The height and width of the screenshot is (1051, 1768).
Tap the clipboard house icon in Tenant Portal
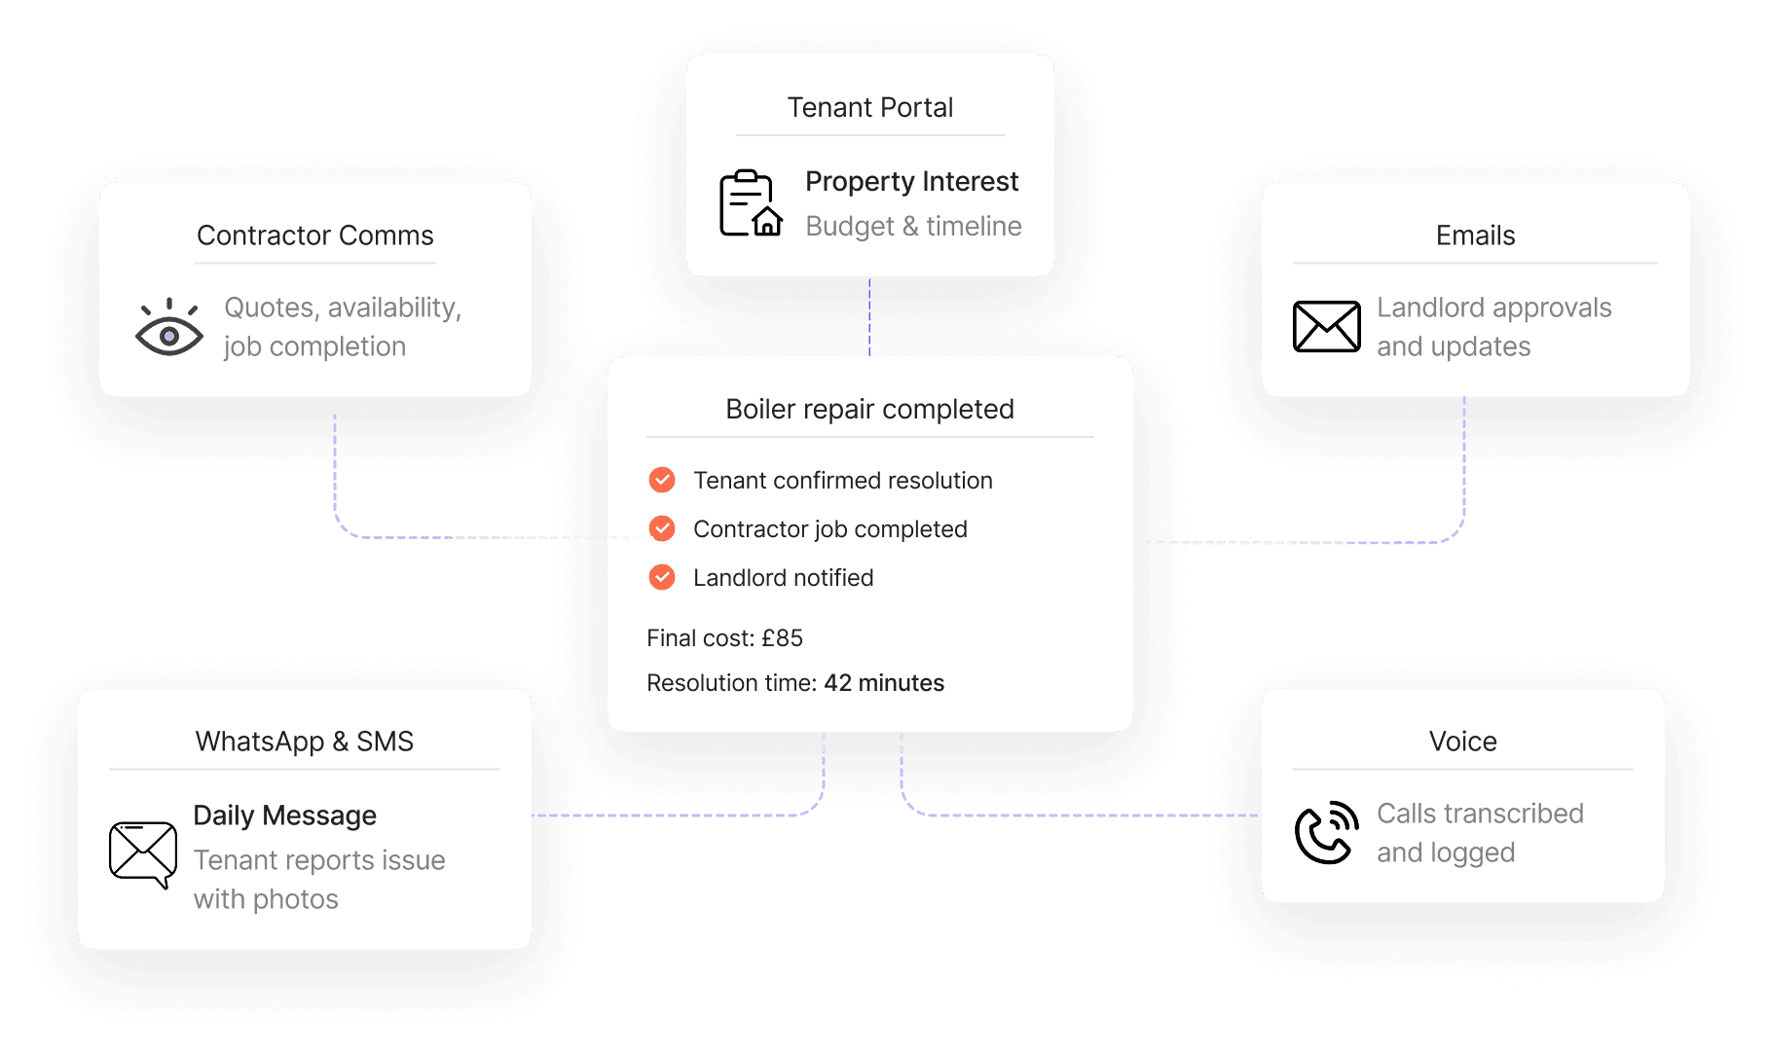(x=750, y=203)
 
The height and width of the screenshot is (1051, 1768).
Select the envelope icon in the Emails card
(x=1326, y=326)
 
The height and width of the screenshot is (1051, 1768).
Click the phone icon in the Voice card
(x=1326, y=833)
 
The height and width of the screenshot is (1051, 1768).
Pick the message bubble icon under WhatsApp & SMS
(x=143, y=853)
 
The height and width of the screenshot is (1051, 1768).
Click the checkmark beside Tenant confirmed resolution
(x=662, y=480)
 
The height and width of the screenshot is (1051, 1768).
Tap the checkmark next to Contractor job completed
(x=662, y=528)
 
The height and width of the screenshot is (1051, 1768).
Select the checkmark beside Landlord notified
(x=662, y=577)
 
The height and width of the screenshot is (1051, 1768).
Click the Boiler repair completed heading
(x=869, y=409)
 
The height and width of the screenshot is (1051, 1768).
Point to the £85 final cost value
(x=782, y=638)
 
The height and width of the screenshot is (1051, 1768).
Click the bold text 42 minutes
(x=884, y=683)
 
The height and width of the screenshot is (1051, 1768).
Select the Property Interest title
(x=911, y=181)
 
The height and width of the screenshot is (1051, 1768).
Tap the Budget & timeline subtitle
(x=913, y=226)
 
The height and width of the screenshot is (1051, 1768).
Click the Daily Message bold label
(x=284, y=815)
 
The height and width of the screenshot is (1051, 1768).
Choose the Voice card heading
(x=1462, y=742)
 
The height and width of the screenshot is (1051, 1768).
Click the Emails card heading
(x=1475, y=236)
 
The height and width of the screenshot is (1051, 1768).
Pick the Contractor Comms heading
(x=314, y=236)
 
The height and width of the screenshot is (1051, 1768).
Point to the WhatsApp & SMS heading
(x=304, y=742)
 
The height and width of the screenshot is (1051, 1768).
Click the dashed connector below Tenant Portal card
(x=870, y=316)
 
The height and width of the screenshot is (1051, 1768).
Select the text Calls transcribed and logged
(x=1479, y=833)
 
